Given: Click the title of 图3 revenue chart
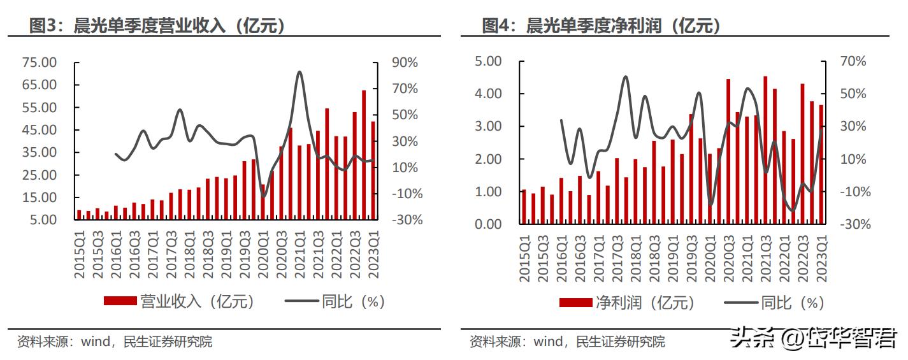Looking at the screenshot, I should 157,25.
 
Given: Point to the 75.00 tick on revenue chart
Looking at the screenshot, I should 40,62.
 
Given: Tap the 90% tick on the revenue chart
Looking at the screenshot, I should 404,62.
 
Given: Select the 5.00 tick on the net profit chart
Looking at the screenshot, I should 489,61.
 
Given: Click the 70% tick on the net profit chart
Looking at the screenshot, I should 853,61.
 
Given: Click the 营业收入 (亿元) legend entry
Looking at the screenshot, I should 179,301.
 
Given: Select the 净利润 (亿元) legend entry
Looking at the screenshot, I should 628,303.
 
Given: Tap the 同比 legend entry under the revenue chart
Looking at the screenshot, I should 335,301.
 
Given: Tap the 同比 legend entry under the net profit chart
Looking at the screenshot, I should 774,303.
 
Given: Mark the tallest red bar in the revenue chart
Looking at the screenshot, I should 364,155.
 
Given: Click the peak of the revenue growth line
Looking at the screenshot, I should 299,72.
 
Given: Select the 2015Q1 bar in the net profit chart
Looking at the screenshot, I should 524,206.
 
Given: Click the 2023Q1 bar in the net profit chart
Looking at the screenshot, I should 821,164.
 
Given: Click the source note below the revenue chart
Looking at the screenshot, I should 115,342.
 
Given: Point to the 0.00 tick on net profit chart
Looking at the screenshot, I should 489,224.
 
